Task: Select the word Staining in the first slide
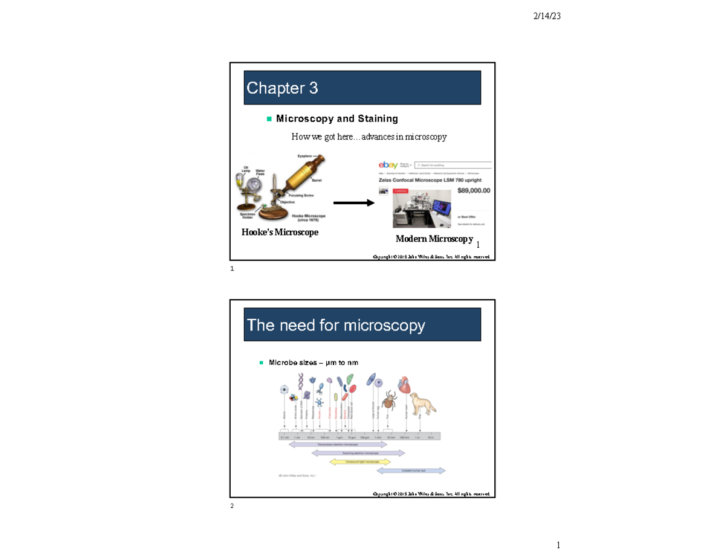377,118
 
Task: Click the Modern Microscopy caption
434,239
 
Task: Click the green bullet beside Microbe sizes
261,362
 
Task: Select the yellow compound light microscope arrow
352,462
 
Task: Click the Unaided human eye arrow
411,470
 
